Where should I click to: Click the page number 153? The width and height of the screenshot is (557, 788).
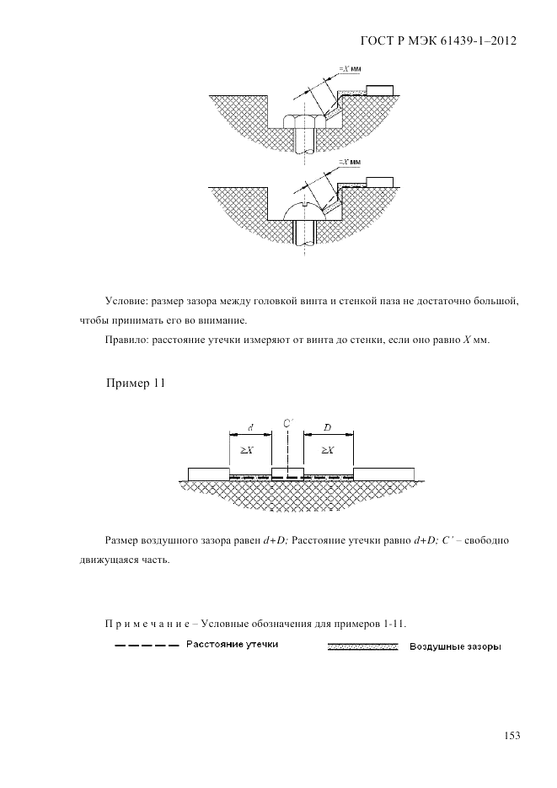tap(511, 736)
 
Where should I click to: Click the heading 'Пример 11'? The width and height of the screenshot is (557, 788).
tap(135, 384)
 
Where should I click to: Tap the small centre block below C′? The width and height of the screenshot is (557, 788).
tap(287, 471)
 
